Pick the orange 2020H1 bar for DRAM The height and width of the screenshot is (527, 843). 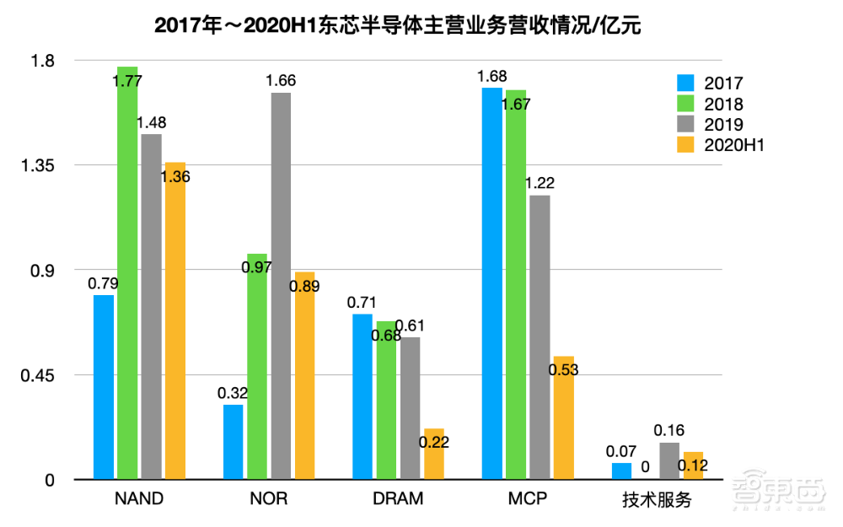[434, 454]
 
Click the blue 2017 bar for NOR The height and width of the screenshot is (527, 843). [234, 443]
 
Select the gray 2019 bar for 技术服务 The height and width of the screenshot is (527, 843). [669, 461]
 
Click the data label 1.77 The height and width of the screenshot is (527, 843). [127, 82]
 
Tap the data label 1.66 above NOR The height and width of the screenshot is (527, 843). [281, 81]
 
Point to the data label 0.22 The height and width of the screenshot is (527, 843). [434, 441]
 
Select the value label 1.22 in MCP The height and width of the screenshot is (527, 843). [540, 183]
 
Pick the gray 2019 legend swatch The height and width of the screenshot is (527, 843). [685, 125]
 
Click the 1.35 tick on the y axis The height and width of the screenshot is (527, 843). [38, 165]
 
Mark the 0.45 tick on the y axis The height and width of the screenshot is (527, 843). [38, 375]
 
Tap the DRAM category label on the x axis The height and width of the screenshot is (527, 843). [398, 499]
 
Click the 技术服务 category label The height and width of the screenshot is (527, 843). [658, 500]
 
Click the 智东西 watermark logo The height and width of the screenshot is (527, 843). [776, 492]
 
